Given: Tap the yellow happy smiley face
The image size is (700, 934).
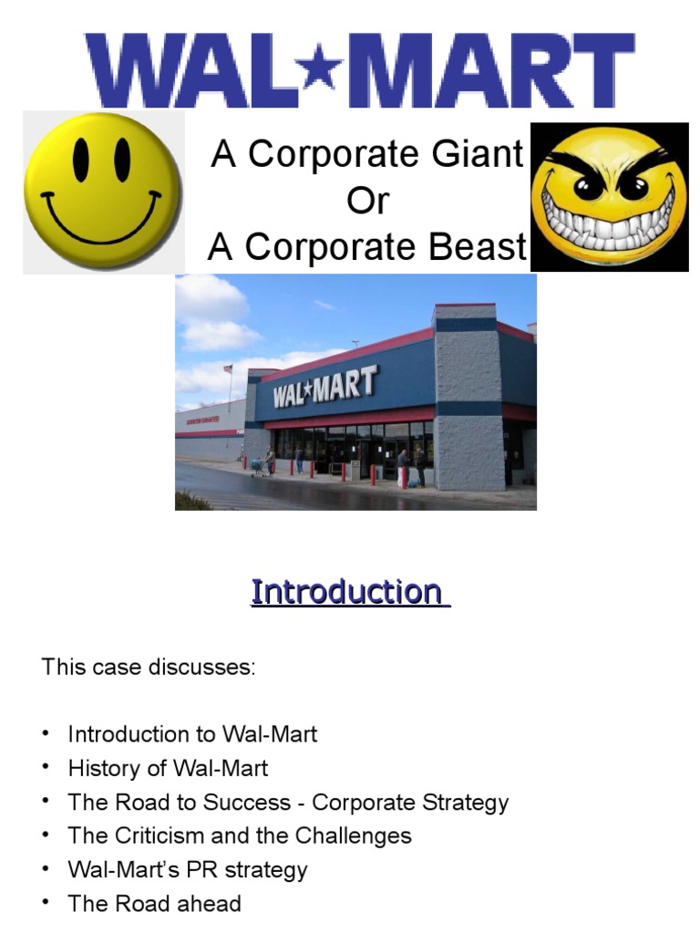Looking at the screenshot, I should click(102, 192).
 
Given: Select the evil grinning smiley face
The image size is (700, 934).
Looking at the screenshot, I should click(609, 196).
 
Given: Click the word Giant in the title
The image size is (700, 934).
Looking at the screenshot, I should click(478, 155).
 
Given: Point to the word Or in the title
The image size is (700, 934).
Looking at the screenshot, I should click(367, 201).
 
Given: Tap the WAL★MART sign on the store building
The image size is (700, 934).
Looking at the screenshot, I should click(324, 389).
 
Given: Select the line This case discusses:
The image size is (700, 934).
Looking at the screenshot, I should click(149, 667).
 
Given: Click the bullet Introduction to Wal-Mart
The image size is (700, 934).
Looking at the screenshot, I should click(192, 734).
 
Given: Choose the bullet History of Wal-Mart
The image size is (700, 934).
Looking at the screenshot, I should click(168, 768).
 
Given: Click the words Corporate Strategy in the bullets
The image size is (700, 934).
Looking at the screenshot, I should click(410, 803).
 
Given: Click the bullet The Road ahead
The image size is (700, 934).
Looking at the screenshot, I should click(154, 904).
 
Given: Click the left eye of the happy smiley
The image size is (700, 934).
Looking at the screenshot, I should click(81, 161).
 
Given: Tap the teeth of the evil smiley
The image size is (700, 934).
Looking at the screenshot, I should click(609, 222).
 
